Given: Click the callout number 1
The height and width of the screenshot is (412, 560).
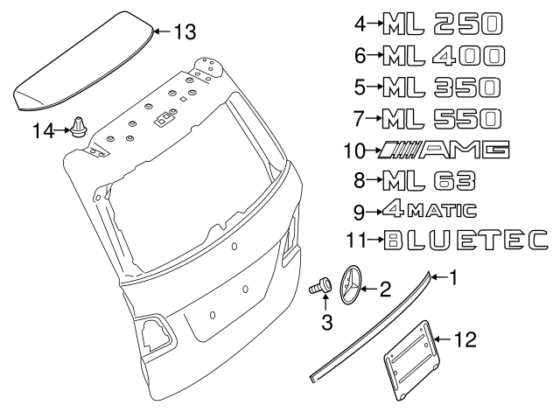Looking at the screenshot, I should click(453, 278).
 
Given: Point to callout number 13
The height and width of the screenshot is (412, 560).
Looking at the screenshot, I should click(184, 32).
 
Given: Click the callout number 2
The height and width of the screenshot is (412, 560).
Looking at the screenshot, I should click(384, 289).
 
